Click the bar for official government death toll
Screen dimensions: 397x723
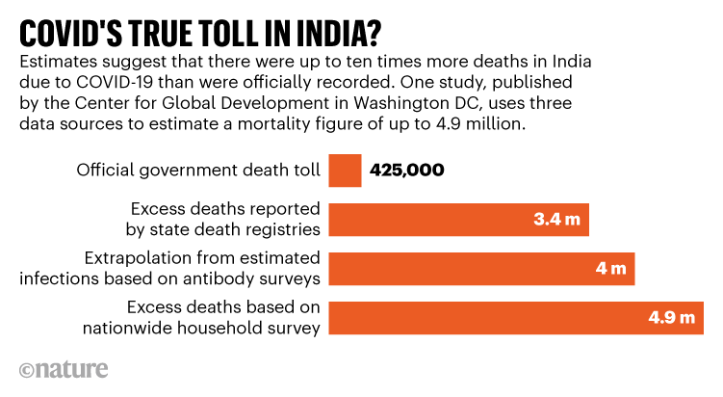pyautogui.click(x=345, y=171)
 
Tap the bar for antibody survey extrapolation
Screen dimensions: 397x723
pyautogui.click(x=481, y=268)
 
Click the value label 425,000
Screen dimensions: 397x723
pyautogui.click(x=407, y=171)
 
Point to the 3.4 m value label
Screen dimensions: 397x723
pyautogui.click(x=556, y=220)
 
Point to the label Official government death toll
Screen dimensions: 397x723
pyautogui.click(x=197, y=171)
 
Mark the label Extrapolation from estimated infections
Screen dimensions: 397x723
pyautogui.click(x=202, y=268)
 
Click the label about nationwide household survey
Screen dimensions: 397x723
pyautogui.click(x=217, y=317)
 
